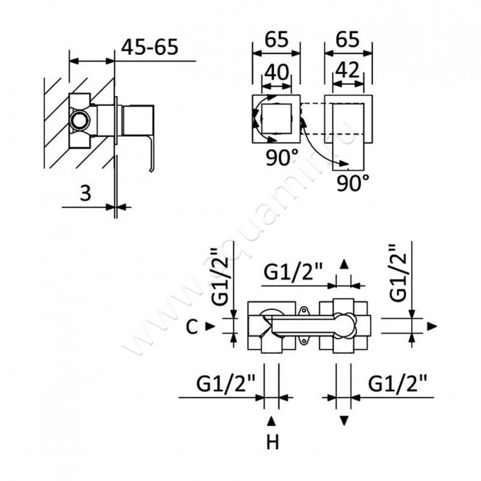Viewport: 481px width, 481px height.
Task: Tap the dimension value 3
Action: [85, 194]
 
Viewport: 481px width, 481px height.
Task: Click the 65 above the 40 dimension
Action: [276, 41]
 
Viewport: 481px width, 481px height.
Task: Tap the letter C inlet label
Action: [192, 326]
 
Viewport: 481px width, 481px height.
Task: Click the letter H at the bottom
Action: [272, 443]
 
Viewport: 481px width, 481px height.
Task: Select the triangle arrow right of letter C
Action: [209, 326]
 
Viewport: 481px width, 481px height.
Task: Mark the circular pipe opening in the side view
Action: [78, 120]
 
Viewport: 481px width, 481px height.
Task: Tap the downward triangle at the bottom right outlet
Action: [345, 420]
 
